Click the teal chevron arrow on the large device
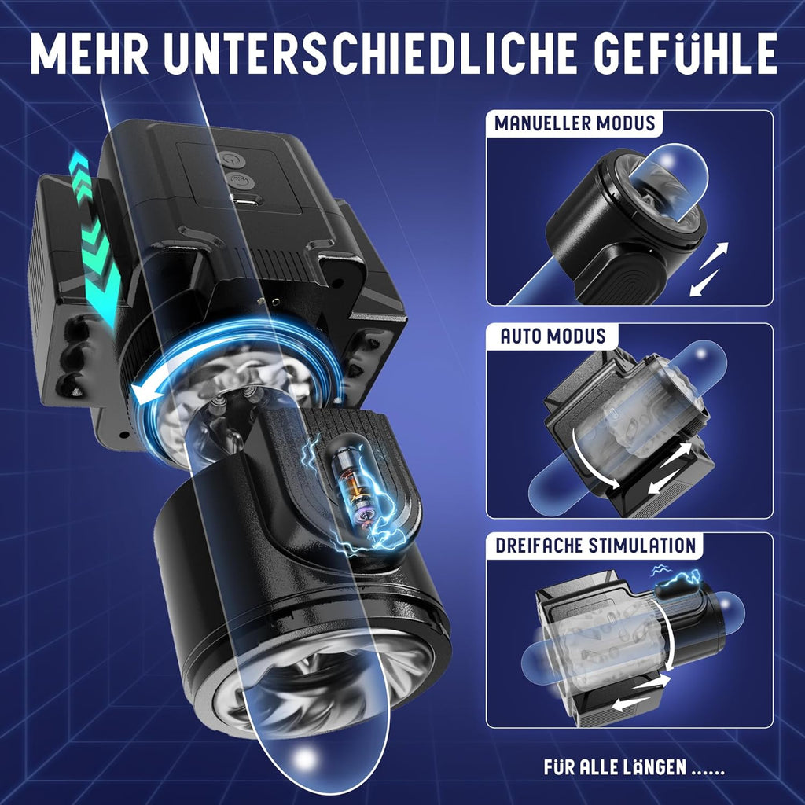click(x=94, y=236)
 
